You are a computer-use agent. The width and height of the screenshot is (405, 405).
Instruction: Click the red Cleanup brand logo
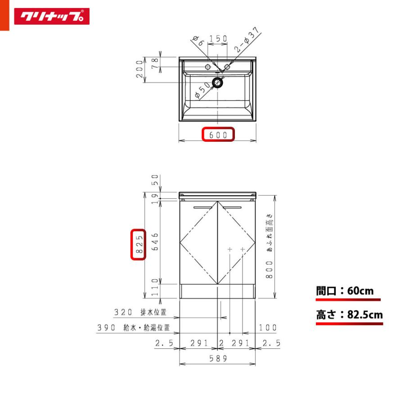pyautogui.click(x=52, y=16)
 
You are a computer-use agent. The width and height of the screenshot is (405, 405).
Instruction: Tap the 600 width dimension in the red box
pyautogui.click(x=218, y=135)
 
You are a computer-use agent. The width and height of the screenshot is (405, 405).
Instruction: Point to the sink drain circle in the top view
pyautogui.click(x=217, y=83)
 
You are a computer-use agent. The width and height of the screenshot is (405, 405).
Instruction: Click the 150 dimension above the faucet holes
pyautogui.click(x=218, y=39)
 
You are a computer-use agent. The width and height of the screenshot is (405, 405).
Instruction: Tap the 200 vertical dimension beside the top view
pyautogui.click(x=139, y=69)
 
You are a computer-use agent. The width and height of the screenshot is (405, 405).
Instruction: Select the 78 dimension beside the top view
pyautogui.click(x=154, y=63)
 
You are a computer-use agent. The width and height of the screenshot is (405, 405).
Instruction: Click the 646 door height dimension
pyautogui.click(x=155, y=242)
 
